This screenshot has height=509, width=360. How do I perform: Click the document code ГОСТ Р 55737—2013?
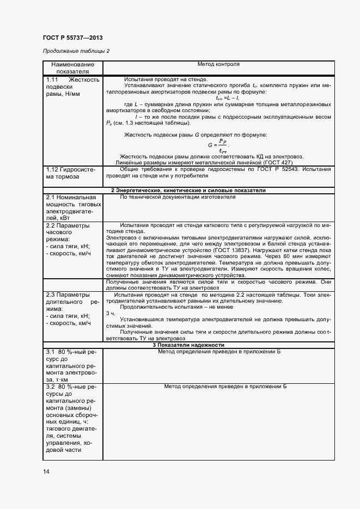72,38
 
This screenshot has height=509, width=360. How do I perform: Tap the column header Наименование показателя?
72,68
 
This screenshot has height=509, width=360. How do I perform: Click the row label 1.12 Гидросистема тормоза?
71,173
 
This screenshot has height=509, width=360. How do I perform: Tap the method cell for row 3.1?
218,352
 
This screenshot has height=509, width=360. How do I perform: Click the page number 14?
46,471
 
